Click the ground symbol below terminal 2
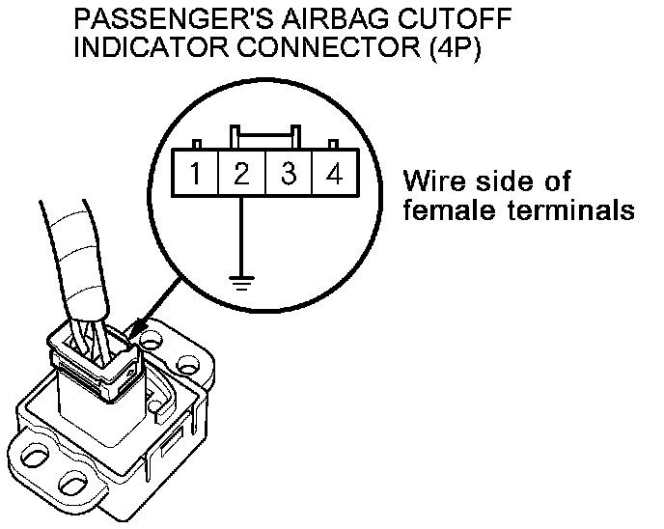coord(241,282)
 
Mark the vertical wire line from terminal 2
coord(241,237)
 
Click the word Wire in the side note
coord(430,181)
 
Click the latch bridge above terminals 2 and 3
coord(263,135)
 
